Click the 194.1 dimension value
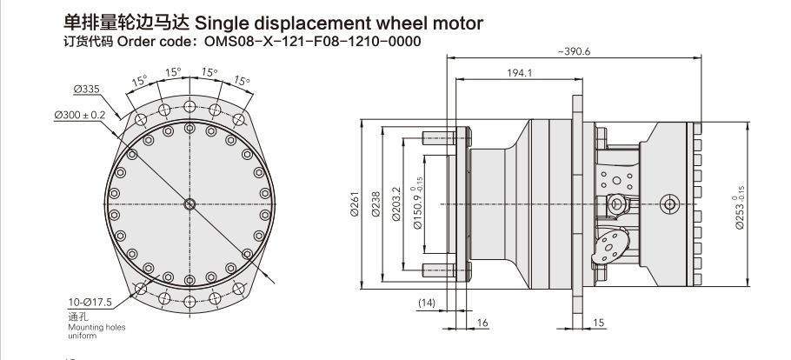[x=519, y=73]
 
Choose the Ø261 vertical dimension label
[x=355, y=206]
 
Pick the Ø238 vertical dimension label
[x=376, y=206]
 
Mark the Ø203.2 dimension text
[x=396, y=206]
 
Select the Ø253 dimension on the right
[x=741, y=206]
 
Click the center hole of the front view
[x=190, y=204]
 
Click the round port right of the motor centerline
[x=668, y=204]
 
